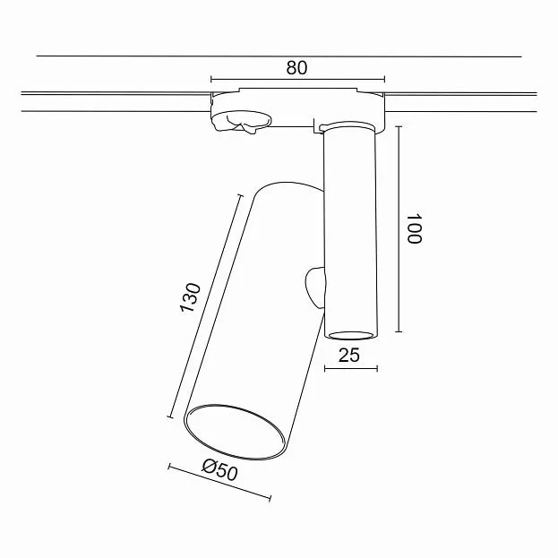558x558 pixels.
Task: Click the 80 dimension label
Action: click(296, 67)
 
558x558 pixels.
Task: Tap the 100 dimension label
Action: click(414, 228)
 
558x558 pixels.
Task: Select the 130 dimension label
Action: click(191, 297)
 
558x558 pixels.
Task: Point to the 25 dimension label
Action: click(348, 355)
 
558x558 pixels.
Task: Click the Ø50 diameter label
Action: click(219, 469)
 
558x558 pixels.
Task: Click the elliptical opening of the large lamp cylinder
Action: click(236, 432)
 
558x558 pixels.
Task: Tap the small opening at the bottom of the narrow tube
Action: click(351, 335)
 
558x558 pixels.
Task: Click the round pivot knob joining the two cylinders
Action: click(315, 288)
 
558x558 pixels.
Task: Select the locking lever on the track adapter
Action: click(242, 122)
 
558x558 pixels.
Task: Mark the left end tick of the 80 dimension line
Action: click(211, 79)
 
